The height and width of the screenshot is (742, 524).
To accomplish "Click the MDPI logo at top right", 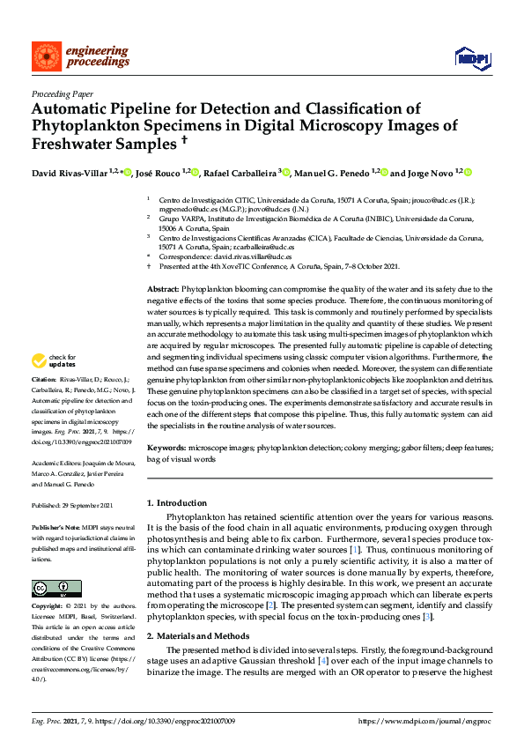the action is tap(471, 58).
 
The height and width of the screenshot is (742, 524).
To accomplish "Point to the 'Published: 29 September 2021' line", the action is tap(71, 504).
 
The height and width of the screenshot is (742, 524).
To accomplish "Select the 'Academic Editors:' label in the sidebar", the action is tap(55, 463).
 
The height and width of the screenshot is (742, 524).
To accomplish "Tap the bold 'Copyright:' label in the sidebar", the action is tap(48, 607).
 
